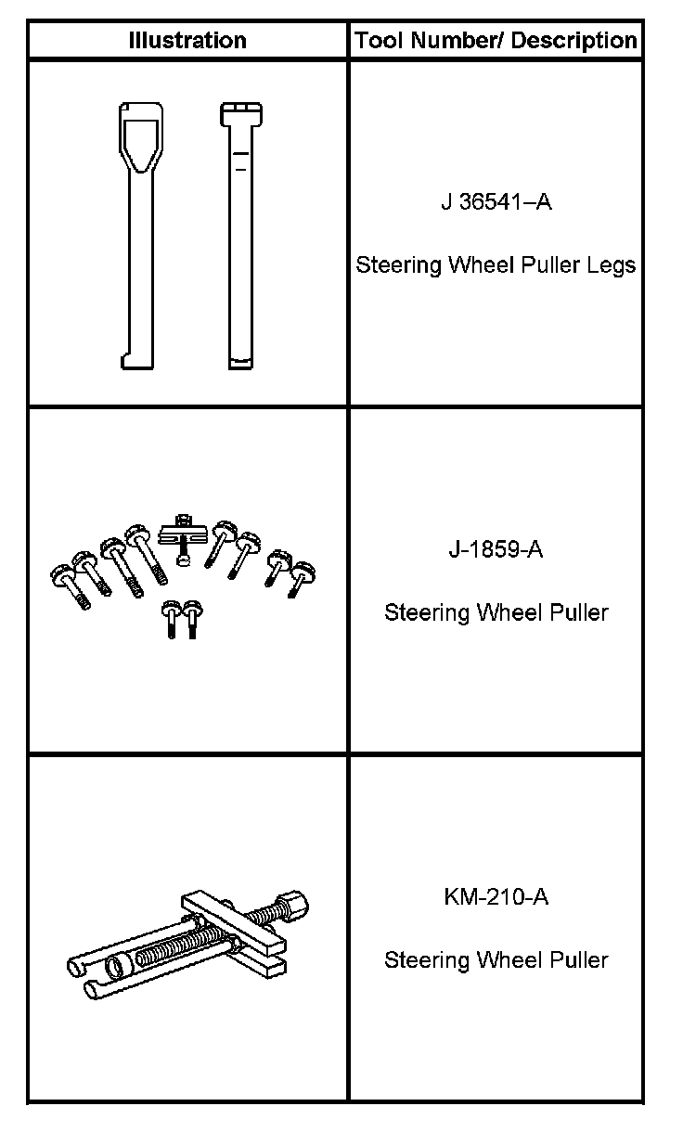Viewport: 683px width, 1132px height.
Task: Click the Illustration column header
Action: point(187,41)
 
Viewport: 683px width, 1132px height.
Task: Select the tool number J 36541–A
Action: point(496,201)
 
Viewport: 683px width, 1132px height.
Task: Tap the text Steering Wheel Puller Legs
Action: point(496,265)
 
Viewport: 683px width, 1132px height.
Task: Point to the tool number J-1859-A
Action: point(496,549)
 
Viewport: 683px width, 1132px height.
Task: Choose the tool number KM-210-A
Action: point(496,897)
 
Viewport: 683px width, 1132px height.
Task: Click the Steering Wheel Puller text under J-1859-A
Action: point(496,612)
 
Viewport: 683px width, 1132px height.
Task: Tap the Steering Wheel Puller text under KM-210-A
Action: point(496,959)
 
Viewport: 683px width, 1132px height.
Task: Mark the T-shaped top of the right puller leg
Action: point(238,114)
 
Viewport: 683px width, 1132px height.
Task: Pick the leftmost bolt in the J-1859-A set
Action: point(69,585)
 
